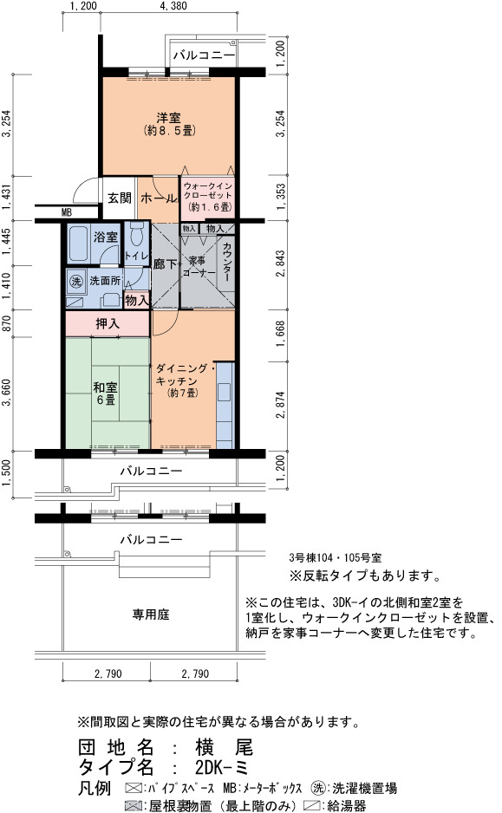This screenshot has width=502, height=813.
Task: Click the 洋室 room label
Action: (x=168, y=118)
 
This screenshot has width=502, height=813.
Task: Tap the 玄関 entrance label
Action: (x=120, y=198)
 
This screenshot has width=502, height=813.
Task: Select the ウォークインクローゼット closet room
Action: (x=207, y=198)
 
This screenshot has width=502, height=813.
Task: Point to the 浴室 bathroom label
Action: (x=106, y=237)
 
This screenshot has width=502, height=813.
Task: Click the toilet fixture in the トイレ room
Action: (x=136, y=234)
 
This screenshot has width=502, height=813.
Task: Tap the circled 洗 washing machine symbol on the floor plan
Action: (x=76, y=281)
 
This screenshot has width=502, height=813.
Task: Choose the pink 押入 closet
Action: (x=108, y=323)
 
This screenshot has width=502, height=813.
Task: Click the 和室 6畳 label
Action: (x=105, y=393)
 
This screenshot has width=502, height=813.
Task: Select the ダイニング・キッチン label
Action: (x=181, y=374)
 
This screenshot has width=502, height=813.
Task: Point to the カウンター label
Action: (x=226, y=263)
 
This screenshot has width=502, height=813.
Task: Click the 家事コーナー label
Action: (x=197, y=266)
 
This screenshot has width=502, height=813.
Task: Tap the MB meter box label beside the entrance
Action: (x=67, y=212)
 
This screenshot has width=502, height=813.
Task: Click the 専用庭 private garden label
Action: (x=150, y=615)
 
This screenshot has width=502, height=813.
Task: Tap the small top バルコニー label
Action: (x=204, y=55)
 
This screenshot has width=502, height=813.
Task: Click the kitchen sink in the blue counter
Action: (x=224, y=392)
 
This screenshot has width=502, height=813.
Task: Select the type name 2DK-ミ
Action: (x=222, y=767)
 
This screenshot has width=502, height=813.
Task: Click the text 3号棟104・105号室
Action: (x=335, y=558)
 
